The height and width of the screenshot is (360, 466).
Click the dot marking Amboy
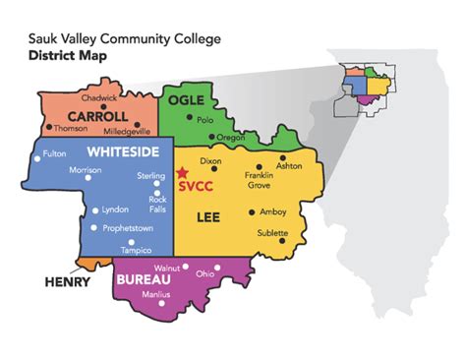coord(252,211)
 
